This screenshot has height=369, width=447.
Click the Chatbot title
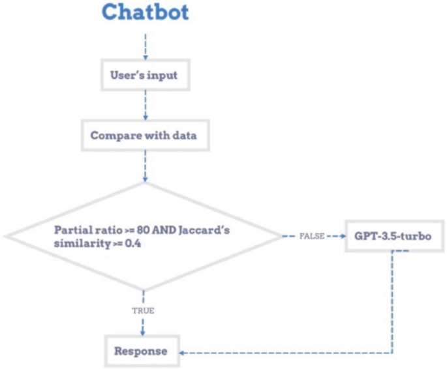144,12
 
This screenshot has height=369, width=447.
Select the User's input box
144,76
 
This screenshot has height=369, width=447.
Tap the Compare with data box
144,136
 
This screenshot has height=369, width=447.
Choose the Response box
141,351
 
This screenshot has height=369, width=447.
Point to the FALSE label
312,235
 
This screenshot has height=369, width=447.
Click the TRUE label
143,310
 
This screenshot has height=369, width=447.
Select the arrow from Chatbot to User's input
144,46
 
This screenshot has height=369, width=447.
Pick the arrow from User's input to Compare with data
144,104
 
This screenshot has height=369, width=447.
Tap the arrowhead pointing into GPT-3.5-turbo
344,235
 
